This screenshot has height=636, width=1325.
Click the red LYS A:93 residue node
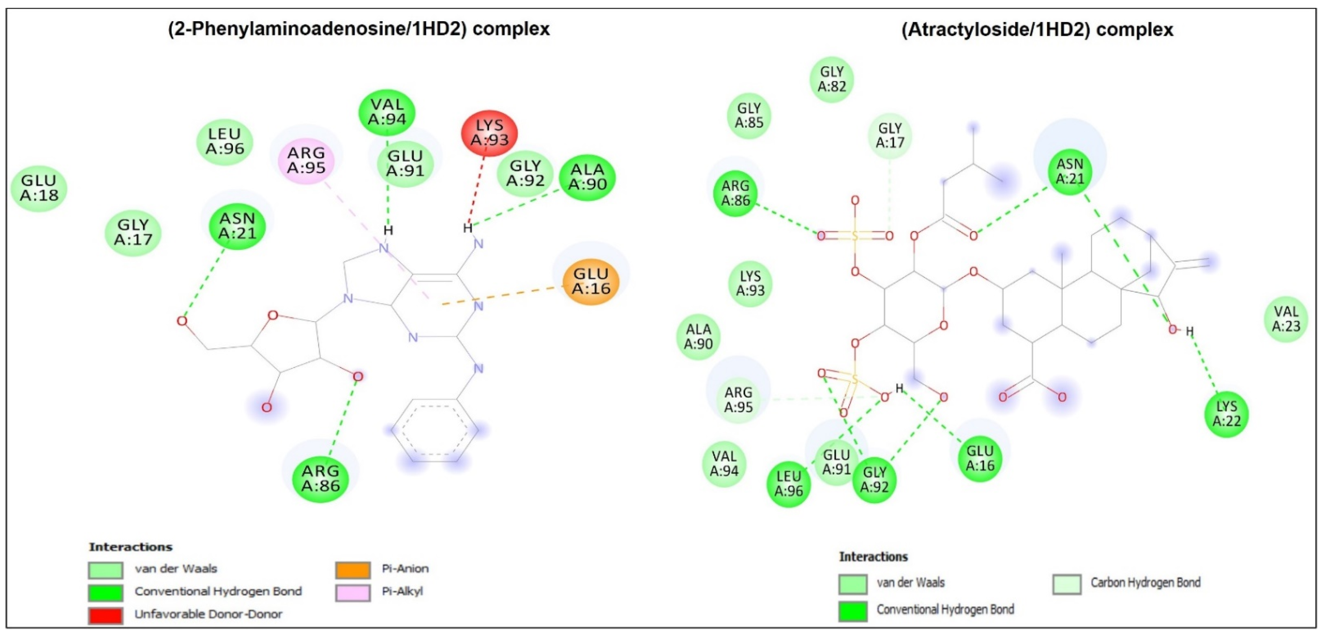[489, 133]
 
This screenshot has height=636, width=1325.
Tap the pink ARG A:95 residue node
[306, 160]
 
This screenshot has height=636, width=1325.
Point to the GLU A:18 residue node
[39, 188]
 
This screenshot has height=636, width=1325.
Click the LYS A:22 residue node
[1227, 414]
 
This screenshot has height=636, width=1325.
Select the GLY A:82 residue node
[832, 79]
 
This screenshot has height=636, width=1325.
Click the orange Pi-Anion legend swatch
[353, 569]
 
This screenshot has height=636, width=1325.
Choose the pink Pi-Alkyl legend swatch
[353, 592]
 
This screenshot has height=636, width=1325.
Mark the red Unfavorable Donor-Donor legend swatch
[105, 615]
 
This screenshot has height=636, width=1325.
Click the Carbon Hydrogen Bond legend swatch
[1067, 584]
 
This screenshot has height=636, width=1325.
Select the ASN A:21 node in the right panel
[1070, 171]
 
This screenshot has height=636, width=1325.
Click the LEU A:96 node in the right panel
[789, 484]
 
